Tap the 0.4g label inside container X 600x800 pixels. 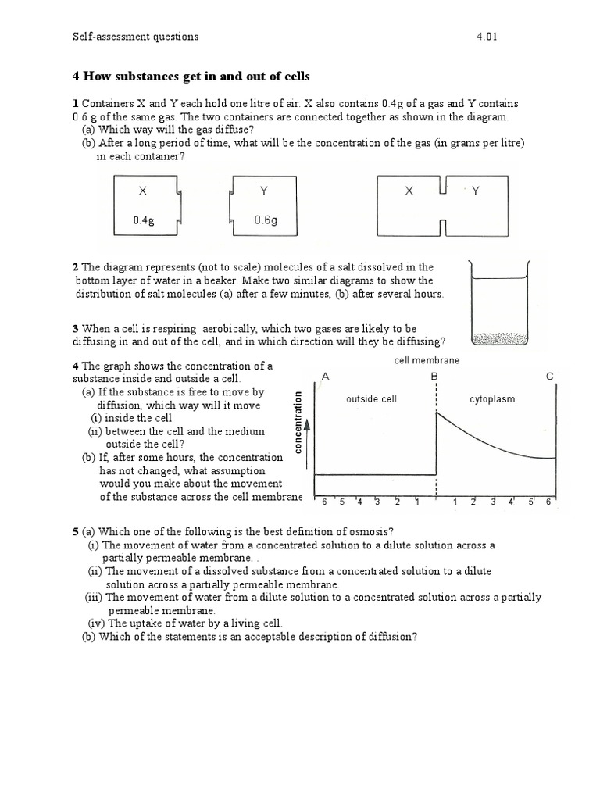(143, 221)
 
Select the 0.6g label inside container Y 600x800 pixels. (265, 220)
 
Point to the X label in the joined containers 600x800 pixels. (409, 191)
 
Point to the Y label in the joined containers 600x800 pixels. (475, 191)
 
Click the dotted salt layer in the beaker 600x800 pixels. (501, 339)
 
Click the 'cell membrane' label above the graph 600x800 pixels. (427, 360)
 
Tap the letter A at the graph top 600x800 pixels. (325, 377)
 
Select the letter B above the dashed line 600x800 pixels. (434, 377)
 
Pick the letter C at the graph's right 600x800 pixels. (550, 377)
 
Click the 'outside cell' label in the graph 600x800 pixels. (371, 399)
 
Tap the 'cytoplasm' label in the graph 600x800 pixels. (492, 399)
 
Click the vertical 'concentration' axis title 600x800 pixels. (298, 422)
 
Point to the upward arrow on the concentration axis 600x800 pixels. (307, 428)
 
